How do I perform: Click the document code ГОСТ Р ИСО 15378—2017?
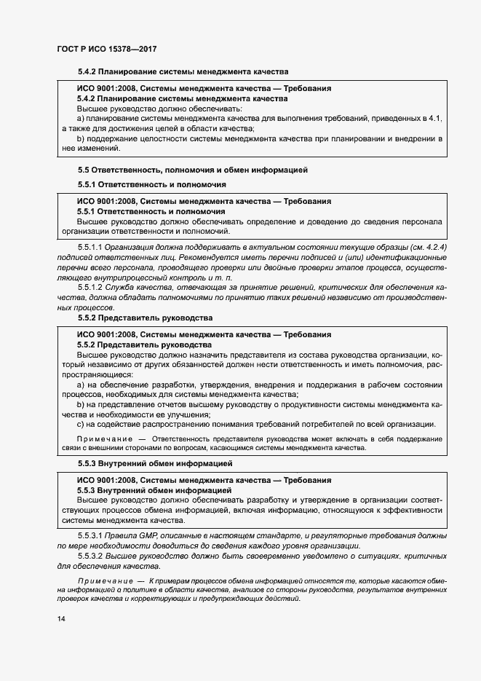(x=107, y=49)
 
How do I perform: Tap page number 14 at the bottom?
(x=60, y=618)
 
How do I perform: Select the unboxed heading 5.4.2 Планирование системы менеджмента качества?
(x=183, y=73)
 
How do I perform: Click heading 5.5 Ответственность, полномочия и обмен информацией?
(x=194, y=170)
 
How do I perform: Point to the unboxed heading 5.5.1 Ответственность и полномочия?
(x=152, y=185)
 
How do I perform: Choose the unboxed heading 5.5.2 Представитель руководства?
(x=145, y=318)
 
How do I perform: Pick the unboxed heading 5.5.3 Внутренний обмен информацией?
(x=154, y=463)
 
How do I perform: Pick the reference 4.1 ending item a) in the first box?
(x=434, y=117)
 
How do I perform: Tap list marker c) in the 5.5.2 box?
(x=80, y=425)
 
